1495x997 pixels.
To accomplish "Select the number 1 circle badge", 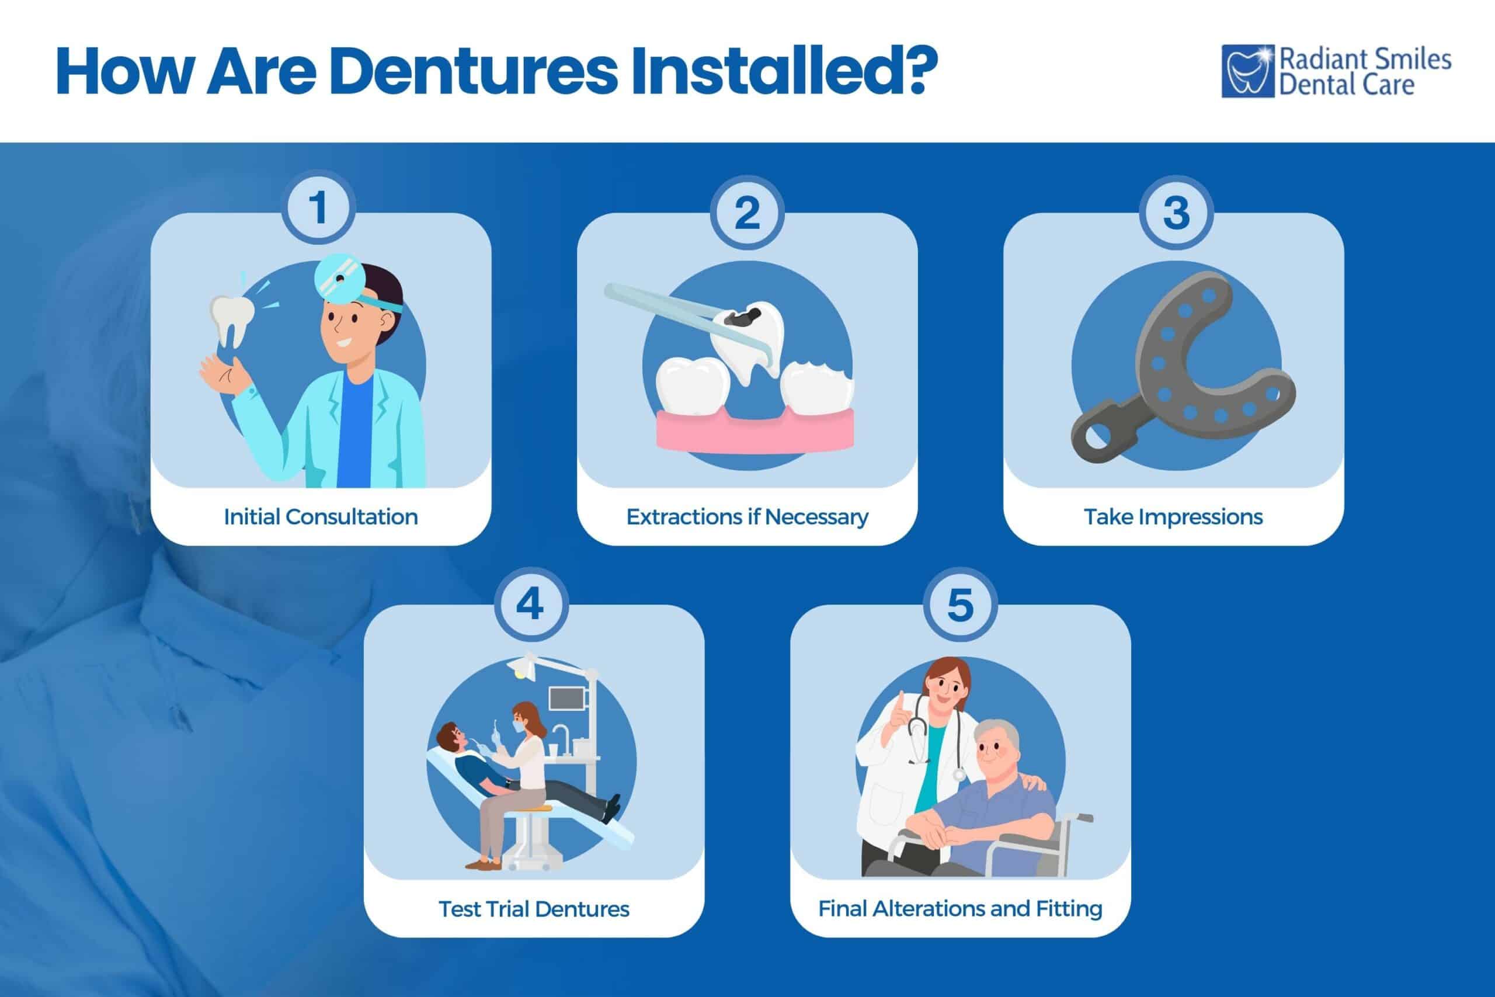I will click(318, 208).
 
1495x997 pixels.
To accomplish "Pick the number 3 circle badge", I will click(1176, 213).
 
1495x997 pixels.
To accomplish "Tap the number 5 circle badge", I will click(960, 605).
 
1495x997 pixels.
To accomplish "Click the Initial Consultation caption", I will click(321, 516).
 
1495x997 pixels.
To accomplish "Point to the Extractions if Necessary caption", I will click(747, 516).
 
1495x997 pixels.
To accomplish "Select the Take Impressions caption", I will click(1173, 516).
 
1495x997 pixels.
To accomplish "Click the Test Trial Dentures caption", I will click(533, 909).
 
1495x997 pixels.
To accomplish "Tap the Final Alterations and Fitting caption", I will click(960, 908).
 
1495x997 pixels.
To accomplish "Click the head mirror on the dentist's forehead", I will click(339, 277).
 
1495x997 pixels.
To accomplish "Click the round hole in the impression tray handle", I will click(1095, 437).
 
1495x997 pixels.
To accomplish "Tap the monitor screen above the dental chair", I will click(566, 698).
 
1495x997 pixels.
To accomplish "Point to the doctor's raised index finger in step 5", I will click(901, 700).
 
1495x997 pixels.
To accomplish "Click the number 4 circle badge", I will click(530, 604).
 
